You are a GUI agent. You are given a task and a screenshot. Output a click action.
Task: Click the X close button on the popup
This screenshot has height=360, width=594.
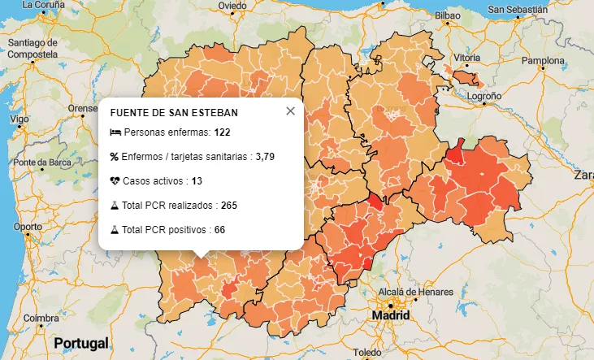[x=290, y=111]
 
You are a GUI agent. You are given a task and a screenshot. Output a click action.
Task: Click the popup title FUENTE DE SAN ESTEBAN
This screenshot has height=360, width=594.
[x=174, y=112]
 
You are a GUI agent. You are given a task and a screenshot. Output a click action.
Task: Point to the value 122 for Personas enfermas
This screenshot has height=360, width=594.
[x=223, y=132]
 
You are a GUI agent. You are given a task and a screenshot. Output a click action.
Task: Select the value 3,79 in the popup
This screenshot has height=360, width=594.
[x=266, y=156]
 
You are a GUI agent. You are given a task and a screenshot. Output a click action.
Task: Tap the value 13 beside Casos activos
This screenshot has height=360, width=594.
[x=197, y=180]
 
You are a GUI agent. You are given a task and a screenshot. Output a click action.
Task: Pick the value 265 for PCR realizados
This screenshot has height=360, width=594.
[x=228, y=205]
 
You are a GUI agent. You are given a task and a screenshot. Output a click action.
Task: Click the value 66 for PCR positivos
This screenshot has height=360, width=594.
[x=219, y=230]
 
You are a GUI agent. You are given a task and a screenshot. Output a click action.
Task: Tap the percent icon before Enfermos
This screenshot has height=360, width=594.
[x=115, y=156]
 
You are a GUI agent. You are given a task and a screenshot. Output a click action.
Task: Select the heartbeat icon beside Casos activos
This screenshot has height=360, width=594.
[x=115, y=180]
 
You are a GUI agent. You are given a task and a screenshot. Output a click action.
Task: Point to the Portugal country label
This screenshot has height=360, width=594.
[x=80, y=343]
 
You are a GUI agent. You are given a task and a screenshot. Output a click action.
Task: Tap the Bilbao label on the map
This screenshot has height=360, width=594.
[x=448, y=15]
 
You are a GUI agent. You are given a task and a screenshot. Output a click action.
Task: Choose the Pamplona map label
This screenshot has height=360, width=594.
[x=542, y=61]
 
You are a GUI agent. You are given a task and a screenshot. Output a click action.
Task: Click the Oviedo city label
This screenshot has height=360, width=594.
[x=232, y=6]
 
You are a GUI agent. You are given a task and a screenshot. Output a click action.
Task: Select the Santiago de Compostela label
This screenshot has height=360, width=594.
[x=33, y=48]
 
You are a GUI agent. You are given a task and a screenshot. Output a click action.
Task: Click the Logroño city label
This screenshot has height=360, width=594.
[x=485, y=95]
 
